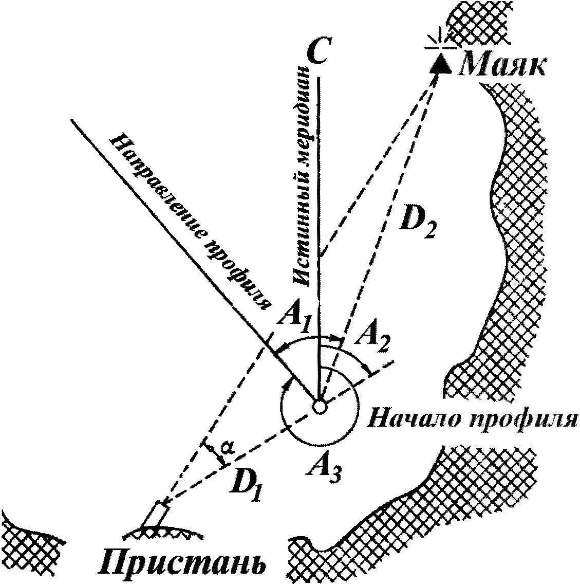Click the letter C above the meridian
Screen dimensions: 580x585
click(x=317, y=51)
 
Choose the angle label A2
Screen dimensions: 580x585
click(x=371, y=341)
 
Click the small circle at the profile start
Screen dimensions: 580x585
click(x=319, y=406)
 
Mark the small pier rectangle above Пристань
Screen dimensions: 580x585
click(x=158, y=514)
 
